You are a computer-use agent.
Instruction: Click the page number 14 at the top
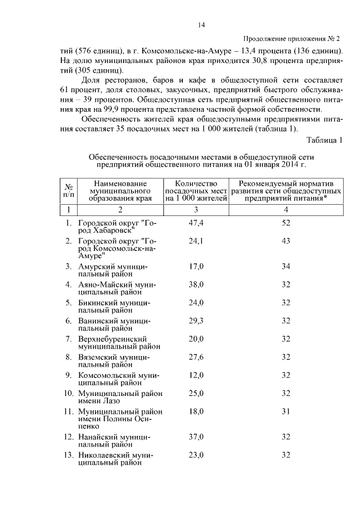(201, 25)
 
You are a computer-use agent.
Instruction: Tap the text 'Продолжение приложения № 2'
(292, 39)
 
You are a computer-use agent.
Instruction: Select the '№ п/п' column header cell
(68, 191)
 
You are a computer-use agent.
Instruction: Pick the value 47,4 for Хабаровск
(196, 223)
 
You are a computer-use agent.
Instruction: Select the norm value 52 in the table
(286, 223)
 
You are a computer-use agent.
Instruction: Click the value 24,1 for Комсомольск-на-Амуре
(196, 241)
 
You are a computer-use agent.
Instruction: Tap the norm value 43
(286, 241)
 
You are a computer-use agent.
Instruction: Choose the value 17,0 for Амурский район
(196, 266)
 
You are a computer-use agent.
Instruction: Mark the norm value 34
(286, 266)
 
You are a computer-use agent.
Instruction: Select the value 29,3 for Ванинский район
(196, 321)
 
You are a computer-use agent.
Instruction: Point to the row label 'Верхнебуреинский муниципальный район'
(119, 343)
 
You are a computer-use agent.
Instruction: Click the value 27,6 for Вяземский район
(196, 357)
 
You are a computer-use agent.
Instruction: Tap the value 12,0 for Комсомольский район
(196, 375)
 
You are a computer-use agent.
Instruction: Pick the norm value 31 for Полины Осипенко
(286, 411)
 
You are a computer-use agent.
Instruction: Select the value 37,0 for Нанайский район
(196, 436)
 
